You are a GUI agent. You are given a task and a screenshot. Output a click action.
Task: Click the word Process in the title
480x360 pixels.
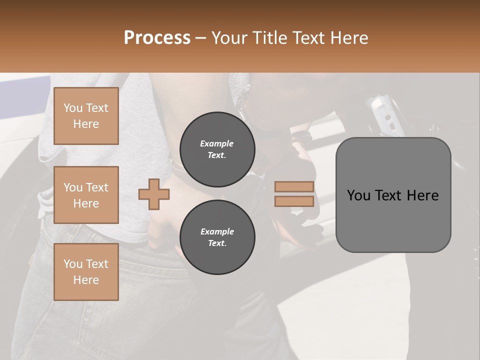click(157, 38)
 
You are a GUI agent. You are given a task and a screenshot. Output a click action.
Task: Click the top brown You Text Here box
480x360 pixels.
click(86, 116)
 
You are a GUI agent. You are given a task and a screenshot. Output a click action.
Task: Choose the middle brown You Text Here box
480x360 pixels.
click(86, 195)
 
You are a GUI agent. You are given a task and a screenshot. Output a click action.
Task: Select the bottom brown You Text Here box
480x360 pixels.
click(86, 272)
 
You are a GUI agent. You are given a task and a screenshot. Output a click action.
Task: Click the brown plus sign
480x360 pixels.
click(154, 194)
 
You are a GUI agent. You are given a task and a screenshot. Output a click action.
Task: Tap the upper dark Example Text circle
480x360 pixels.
click(217, 149)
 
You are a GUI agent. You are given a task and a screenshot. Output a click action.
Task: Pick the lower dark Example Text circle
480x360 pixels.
click(217, 237)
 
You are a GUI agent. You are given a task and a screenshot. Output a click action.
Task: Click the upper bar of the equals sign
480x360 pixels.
click(294, 187)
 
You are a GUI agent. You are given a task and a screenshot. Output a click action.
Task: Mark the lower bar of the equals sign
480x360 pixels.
click(294, 201)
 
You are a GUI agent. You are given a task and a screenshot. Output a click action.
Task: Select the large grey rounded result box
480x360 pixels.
click(393, 195)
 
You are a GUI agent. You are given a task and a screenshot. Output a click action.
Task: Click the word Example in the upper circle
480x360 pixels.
click(217, 143)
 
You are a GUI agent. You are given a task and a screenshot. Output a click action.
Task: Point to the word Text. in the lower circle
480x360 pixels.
click(217, 243)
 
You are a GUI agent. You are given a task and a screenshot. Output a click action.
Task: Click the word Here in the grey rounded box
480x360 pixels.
click(422, 195)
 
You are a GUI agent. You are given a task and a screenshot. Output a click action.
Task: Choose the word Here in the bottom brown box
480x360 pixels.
click(86, 280)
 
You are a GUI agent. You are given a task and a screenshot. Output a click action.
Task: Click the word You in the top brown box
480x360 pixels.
click(73, 108)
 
